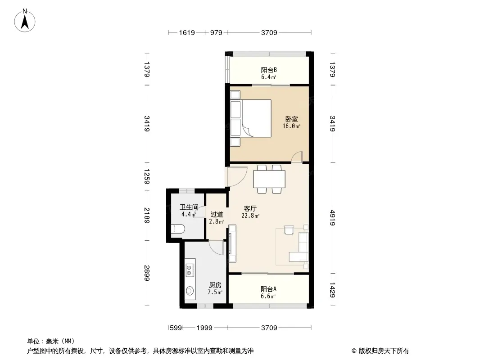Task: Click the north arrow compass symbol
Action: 25,21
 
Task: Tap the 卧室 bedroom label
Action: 292,119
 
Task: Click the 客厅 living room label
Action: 250,209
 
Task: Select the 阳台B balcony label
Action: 269,70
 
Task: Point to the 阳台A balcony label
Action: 268,289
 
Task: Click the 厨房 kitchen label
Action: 215,285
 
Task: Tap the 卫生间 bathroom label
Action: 189,207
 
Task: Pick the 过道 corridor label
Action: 217,214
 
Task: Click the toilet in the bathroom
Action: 178,229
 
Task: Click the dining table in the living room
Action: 269,179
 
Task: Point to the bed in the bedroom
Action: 251,118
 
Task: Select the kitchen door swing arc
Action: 217,247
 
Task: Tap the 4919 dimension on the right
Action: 333,218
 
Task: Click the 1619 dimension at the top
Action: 187,32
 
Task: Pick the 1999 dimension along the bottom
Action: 204,328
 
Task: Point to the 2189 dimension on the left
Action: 147,216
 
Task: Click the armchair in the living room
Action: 289,230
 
